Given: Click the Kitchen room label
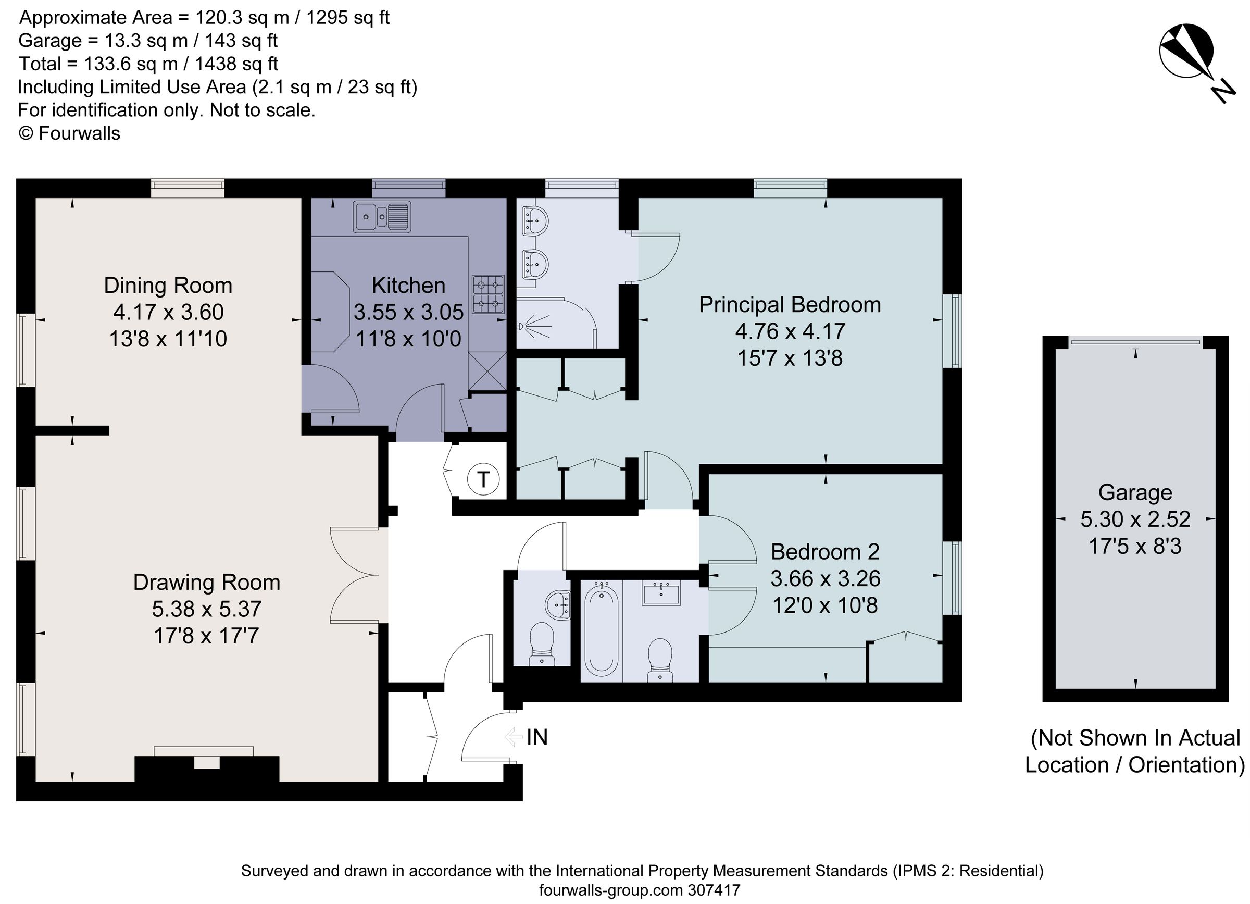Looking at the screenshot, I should coord(408,286).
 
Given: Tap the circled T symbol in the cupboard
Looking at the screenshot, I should coord(483,479).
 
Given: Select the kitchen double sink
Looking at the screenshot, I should coord(382,217).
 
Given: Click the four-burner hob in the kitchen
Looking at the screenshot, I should coord(489,294).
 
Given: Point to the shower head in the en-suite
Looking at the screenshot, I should coord(521,326).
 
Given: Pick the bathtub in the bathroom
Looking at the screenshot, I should coord(601,630).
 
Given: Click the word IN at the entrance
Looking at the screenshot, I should coord(537,737).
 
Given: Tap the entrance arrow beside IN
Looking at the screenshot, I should coord(513,737).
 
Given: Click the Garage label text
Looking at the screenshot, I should coord(1135,492).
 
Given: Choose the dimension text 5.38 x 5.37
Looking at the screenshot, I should coord(207,609).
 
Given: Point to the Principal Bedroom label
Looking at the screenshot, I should coord(790,305).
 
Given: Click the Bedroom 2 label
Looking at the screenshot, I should coord(824,551).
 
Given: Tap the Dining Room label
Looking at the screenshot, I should coord(168,286).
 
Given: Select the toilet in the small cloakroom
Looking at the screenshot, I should coord(541,643).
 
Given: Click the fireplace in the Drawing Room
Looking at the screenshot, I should coord(207,767).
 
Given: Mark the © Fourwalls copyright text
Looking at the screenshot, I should coord(69,133).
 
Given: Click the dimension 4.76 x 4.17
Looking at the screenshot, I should coord(790,331).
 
